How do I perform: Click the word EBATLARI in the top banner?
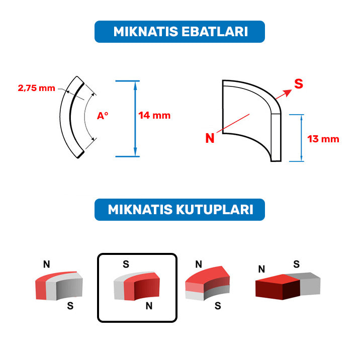coord(215,32)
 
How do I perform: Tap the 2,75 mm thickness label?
coord(37,88)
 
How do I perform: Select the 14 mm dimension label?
coord(154,116)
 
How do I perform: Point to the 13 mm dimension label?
coord(323,139)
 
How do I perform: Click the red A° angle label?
coord(103,116)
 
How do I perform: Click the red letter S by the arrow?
coord(299,84)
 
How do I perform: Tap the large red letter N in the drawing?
coord(210,138)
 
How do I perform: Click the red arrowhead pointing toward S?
coord(288,93)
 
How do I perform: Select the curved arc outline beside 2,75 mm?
coord(65,117)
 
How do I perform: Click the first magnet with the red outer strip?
coord(59,286)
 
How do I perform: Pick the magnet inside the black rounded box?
coord(137,286)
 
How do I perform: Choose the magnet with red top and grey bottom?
coord(207,283)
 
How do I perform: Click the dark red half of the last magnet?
coord(278,287)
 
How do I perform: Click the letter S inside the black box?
coord(126,264)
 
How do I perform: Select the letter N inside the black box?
coord(149,306)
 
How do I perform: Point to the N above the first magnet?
coord(47,264)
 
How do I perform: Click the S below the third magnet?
coord(218,306)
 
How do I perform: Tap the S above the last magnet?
coord(297,264)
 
